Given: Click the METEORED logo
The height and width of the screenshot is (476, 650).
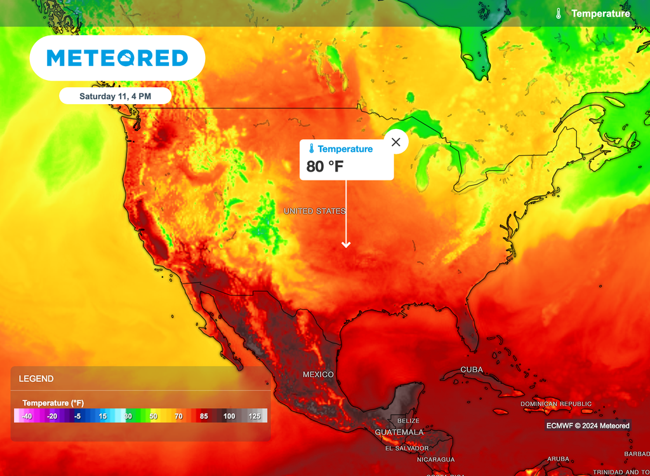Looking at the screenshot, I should point(117,58).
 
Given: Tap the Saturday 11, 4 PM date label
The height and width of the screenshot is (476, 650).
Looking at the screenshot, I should point(116,97).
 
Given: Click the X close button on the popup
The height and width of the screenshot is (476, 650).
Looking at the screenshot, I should point(396,142).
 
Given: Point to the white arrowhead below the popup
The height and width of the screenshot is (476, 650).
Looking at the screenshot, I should point(346,244).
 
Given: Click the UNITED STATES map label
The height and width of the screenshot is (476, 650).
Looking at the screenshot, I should point(314,211).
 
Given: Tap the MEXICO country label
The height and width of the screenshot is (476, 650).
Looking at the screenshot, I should point(318,375).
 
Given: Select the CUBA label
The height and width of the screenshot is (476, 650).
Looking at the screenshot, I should point(472,370).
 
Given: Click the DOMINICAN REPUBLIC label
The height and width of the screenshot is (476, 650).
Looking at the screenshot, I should point(556,404).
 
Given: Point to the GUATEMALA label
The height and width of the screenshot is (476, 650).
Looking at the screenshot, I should point(399,432).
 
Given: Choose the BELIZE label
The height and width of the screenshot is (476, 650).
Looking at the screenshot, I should point(408,421).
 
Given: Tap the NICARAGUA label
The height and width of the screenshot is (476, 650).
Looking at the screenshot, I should point(435,459).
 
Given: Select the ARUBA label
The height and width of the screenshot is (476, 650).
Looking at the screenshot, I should point(559,459).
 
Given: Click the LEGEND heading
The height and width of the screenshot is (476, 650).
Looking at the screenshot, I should point(36,379).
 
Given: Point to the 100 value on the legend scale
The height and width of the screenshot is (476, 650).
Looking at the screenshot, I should point(229,416).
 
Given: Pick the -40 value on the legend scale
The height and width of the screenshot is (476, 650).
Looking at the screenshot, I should point(27,416).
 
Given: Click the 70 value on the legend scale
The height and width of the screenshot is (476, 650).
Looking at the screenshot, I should point(178,416).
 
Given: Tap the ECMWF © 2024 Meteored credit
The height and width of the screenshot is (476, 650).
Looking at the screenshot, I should point(588,426).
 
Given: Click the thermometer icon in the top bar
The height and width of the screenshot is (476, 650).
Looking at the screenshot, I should point(559,13).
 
